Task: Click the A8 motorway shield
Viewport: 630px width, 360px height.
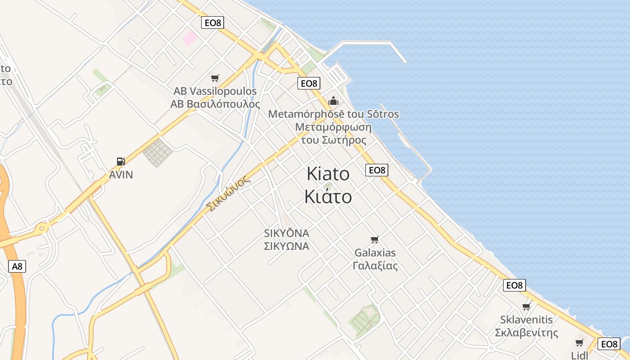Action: click(x=17, y=266)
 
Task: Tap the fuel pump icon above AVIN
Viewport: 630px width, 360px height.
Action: click(x=121, y=162)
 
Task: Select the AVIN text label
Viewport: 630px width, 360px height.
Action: click(x=121, y=175)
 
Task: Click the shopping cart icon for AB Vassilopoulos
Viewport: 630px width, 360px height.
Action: click(x=215, y=78)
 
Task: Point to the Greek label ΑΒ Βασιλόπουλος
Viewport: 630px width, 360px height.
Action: click(x=215, y=104)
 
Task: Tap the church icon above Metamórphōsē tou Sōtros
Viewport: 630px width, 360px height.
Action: click(x=333, y=101)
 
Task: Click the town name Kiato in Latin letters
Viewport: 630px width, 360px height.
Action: click(x=328, y=174)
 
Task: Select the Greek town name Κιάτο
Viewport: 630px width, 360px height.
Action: click(x=328, y=196)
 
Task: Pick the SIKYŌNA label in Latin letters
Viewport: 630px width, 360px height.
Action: click(x=287, y=234)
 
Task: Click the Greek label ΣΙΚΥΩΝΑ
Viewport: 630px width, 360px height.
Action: click(x=287, y=246)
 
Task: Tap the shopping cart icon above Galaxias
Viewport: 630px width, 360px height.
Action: click(x=375, y=239)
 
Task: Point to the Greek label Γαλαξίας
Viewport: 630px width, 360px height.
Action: click(x=375, y=265)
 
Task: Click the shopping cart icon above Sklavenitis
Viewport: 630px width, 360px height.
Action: click(x=526, y=307)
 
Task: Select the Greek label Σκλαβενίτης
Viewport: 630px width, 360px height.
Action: click(x=526, y=333)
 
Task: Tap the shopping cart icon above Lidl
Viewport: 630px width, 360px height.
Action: click(x=580, y=343)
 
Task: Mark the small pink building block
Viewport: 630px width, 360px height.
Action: click(x=190, y=38)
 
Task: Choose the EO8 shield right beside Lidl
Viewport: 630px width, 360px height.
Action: click(x=609, y=344)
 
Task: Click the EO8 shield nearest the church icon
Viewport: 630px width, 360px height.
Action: click(x=309, y=83)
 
